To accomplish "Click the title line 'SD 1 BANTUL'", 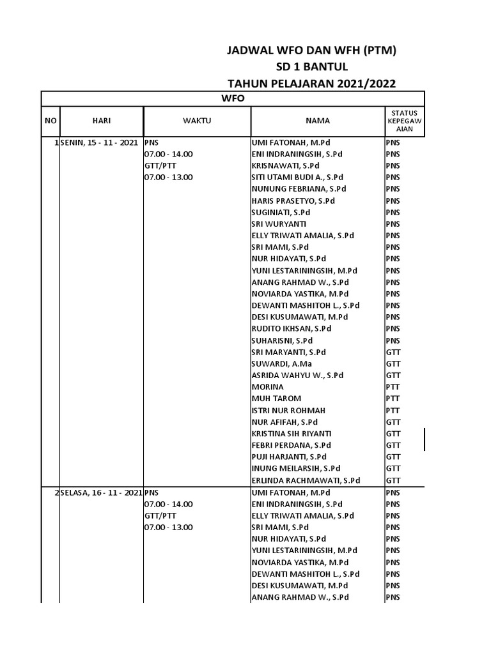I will [x=312, y=67].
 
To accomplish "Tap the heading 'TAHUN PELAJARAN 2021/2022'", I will [x=312, y=83].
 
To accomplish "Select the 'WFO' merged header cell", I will [x=233, y=98].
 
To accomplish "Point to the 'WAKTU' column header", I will [x=197, y=121].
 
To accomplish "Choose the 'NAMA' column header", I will [x=317, y=121].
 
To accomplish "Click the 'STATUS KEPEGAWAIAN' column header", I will [x=404, y=121].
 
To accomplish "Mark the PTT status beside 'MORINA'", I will [x=393, y=387].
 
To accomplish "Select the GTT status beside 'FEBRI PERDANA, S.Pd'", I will [x=393, y=445].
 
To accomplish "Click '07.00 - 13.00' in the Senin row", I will [x=169, y=178].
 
